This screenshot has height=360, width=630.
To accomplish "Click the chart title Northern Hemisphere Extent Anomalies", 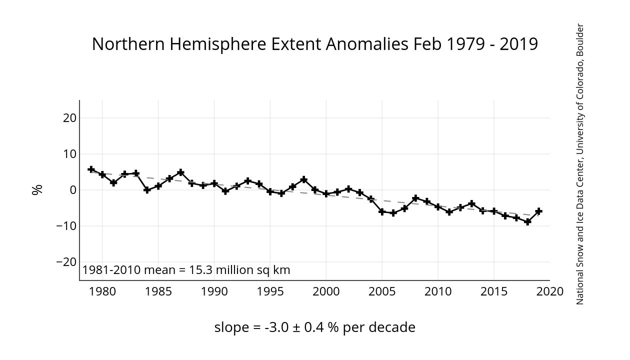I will (314, 44).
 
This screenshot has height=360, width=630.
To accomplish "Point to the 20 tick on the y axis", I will (69, 118).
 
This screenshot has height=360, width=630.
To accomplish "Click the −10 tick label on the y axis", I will (66, 226).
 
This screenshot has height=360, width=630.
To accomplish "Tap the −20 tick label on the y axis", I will (66, 262).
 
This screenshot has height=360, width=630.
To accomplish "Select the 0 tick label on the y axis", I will (72, 190).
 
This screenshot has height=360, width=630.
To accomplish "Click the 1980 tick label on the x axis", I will (102, 291).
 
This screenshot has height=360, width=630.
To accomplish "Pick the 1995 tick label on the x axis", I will (270, 291).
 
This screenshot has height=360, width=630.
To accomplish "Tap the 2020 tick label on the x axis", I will (549, 291).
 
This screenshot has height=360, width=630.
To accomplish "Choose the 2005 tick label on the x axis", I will (382, 291).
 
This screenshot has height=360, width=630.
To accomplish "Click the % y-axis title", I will (37, 190).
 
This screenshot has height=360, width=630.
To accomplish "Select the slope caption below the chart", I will (314, 327).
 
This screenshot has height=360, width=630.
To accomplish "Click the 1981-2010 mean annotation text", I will (186, 270).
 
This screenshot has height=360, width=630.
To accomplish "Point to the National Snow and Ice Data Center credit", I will (580, 164).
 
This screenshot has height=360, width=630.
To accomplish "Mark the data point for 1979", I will (91, 169).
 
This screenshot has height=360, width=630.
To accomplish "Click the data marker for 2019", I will (538, 211).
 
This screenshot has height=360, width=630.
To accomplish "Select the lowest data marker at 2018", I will (527, 221).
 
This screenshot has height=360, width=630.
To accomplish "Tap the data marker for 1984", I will (147, 190).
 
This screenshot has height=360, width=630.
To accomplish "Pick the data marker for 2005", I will (382, 211).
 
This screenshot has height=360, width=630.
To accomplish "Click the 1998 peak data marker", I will (303, 179).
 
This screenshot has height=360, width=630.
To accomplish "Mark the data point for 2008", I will (415, 198).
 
